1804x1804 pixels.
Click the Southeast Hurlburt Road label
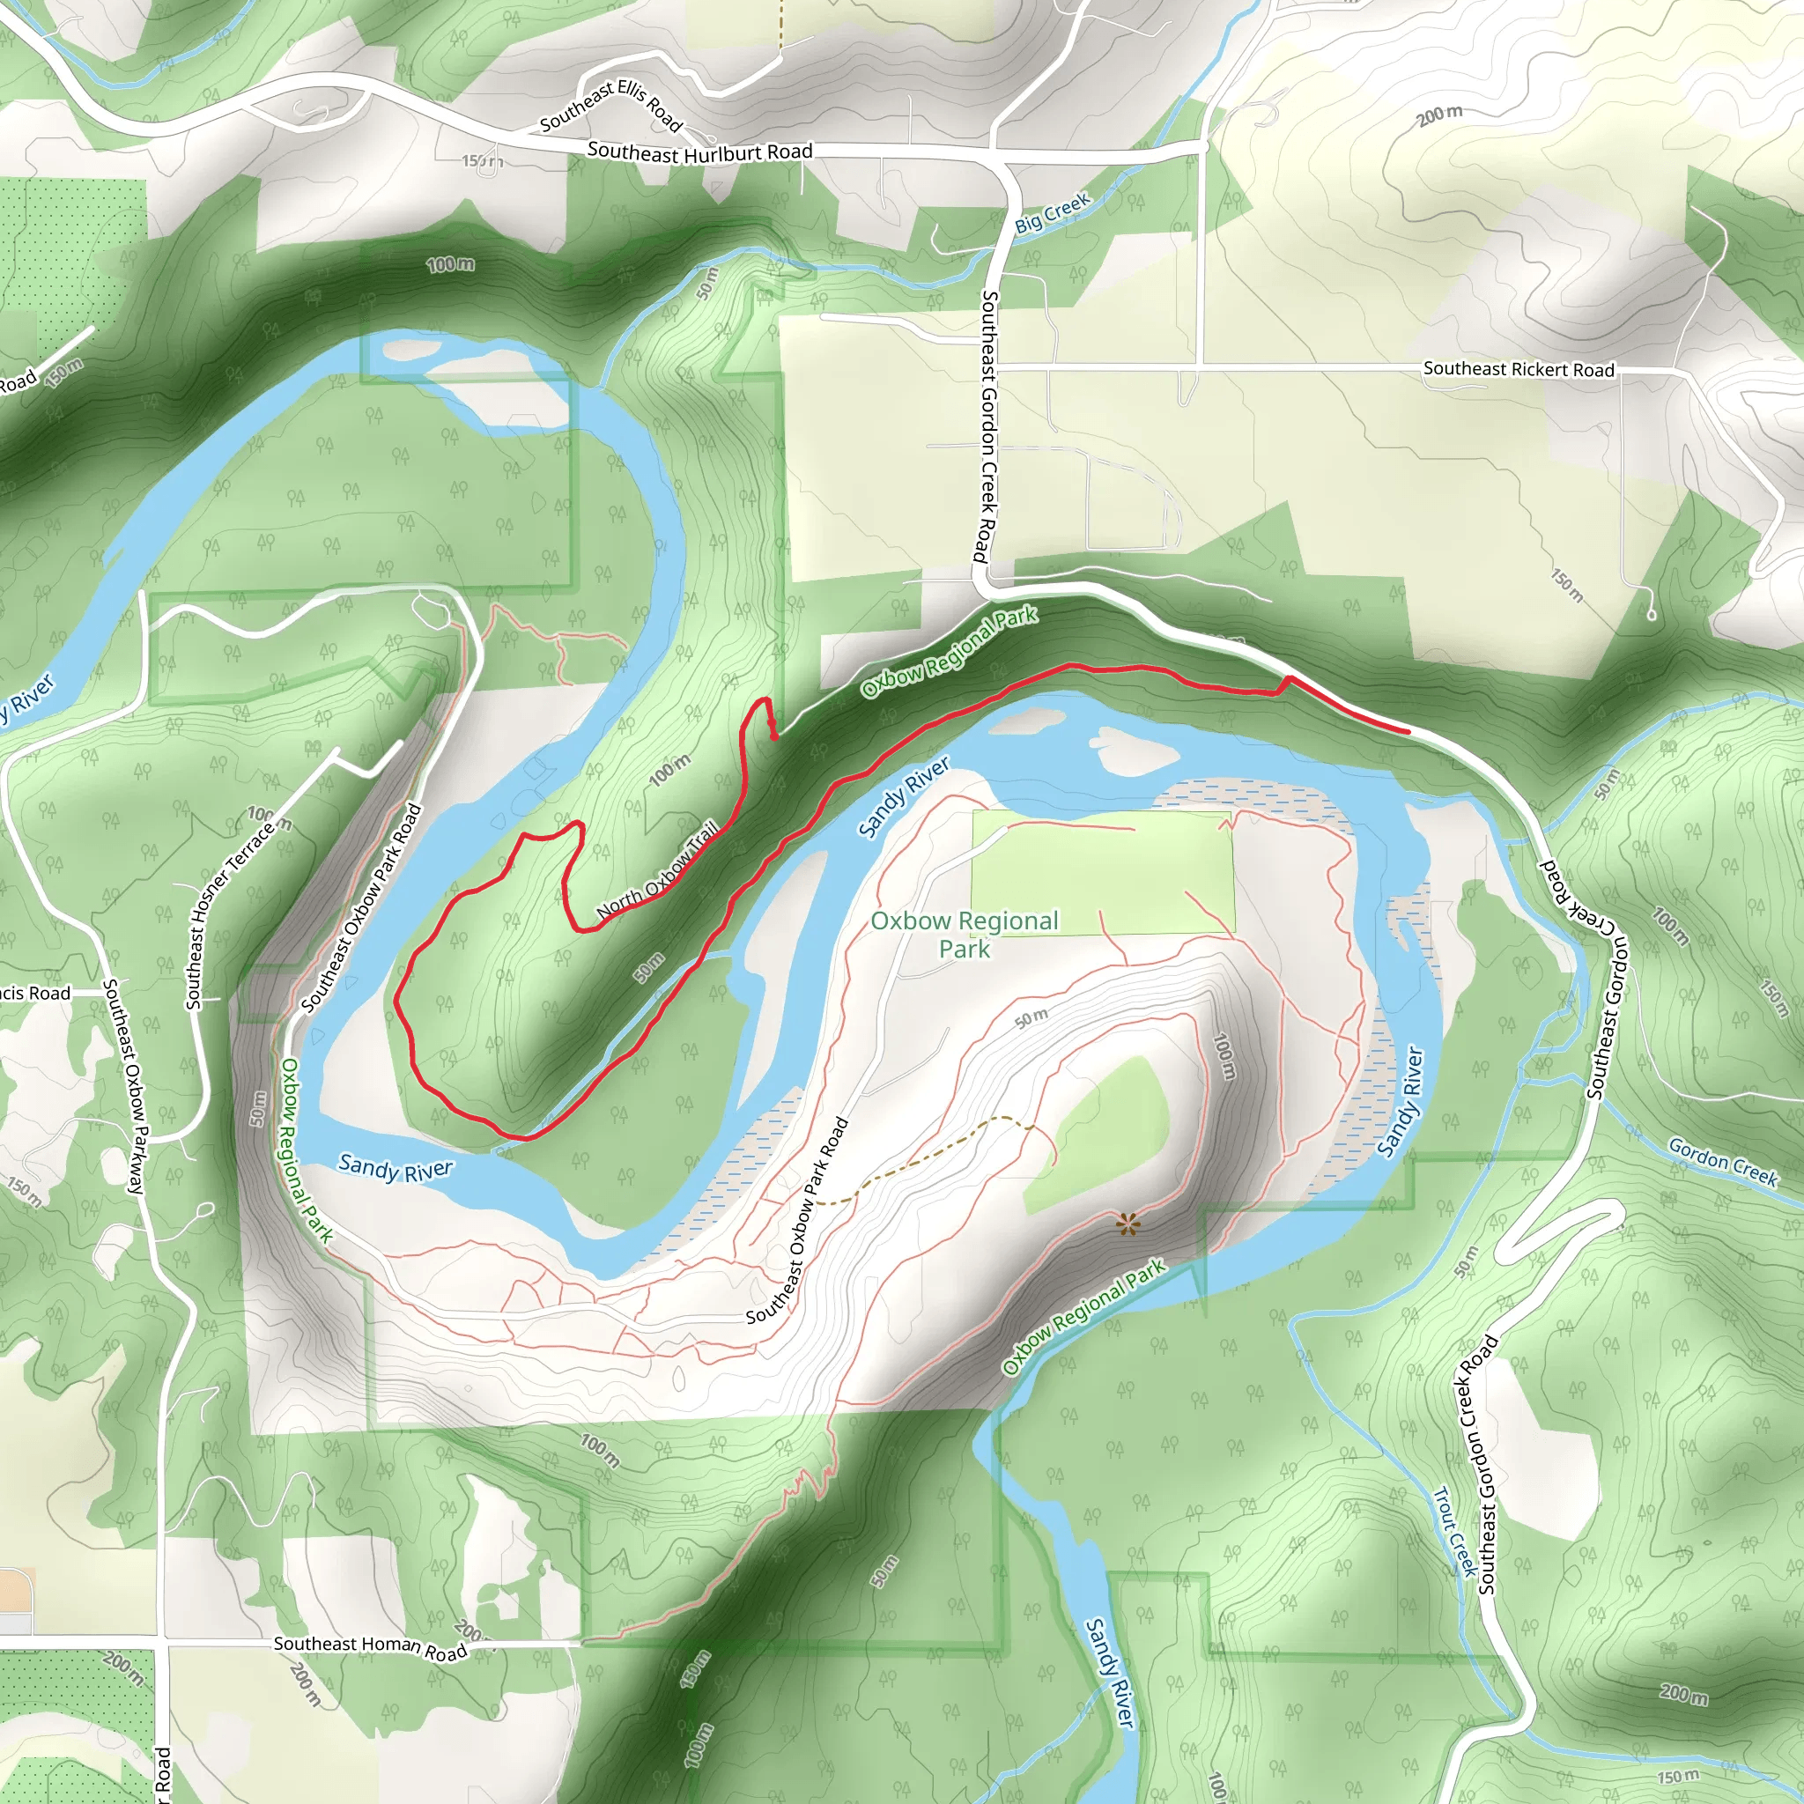pos(699,152)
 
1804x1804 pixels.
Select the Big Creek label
pos(1053,213)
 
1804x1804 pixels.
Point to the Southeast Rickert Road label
pos(1519,369)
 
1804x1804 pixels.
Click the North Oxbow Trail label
pos(658,870)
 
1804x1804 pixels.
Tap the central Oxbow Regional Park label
pos(965,934)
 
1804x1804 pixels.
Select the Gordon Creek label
pos(1723,1162)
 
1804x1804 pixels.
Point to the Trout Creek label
pos(1455,1531)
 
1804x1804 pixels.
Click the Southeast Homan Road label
pos(370,1647)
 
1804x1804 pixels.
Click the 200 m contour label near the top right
pos(1439,115)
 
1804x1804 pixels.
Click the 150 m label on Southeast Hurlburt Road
pos(482,161)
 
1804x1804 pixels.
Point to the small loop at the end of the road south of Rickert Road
pos(1651,615)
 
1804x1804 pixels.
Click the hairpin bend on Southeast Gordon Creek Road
pos(1615,1217)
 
